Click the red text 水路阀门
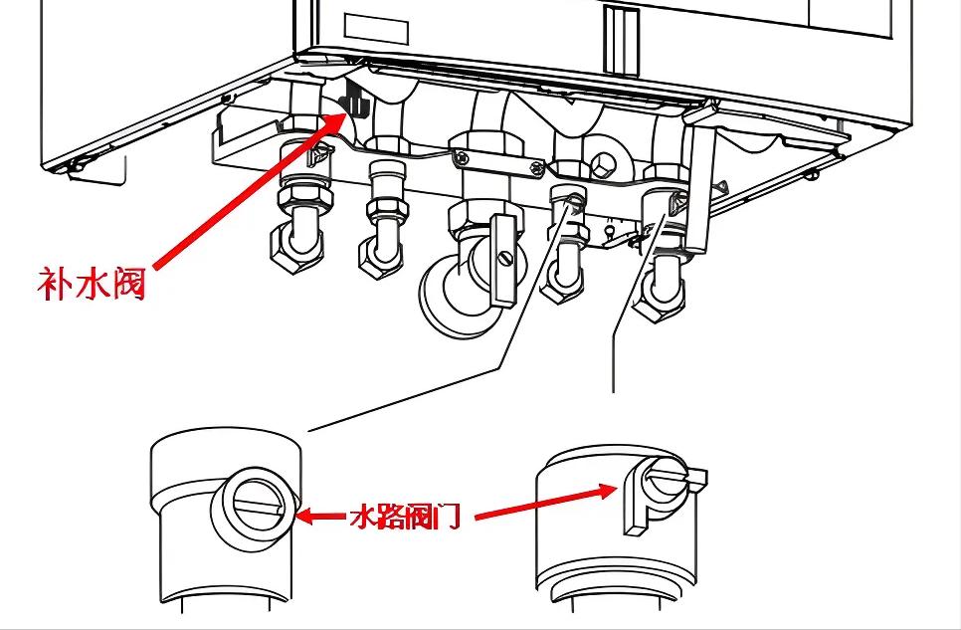406,518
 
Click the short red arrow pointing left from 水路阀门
320,517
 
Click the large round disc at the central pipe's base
453,296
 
